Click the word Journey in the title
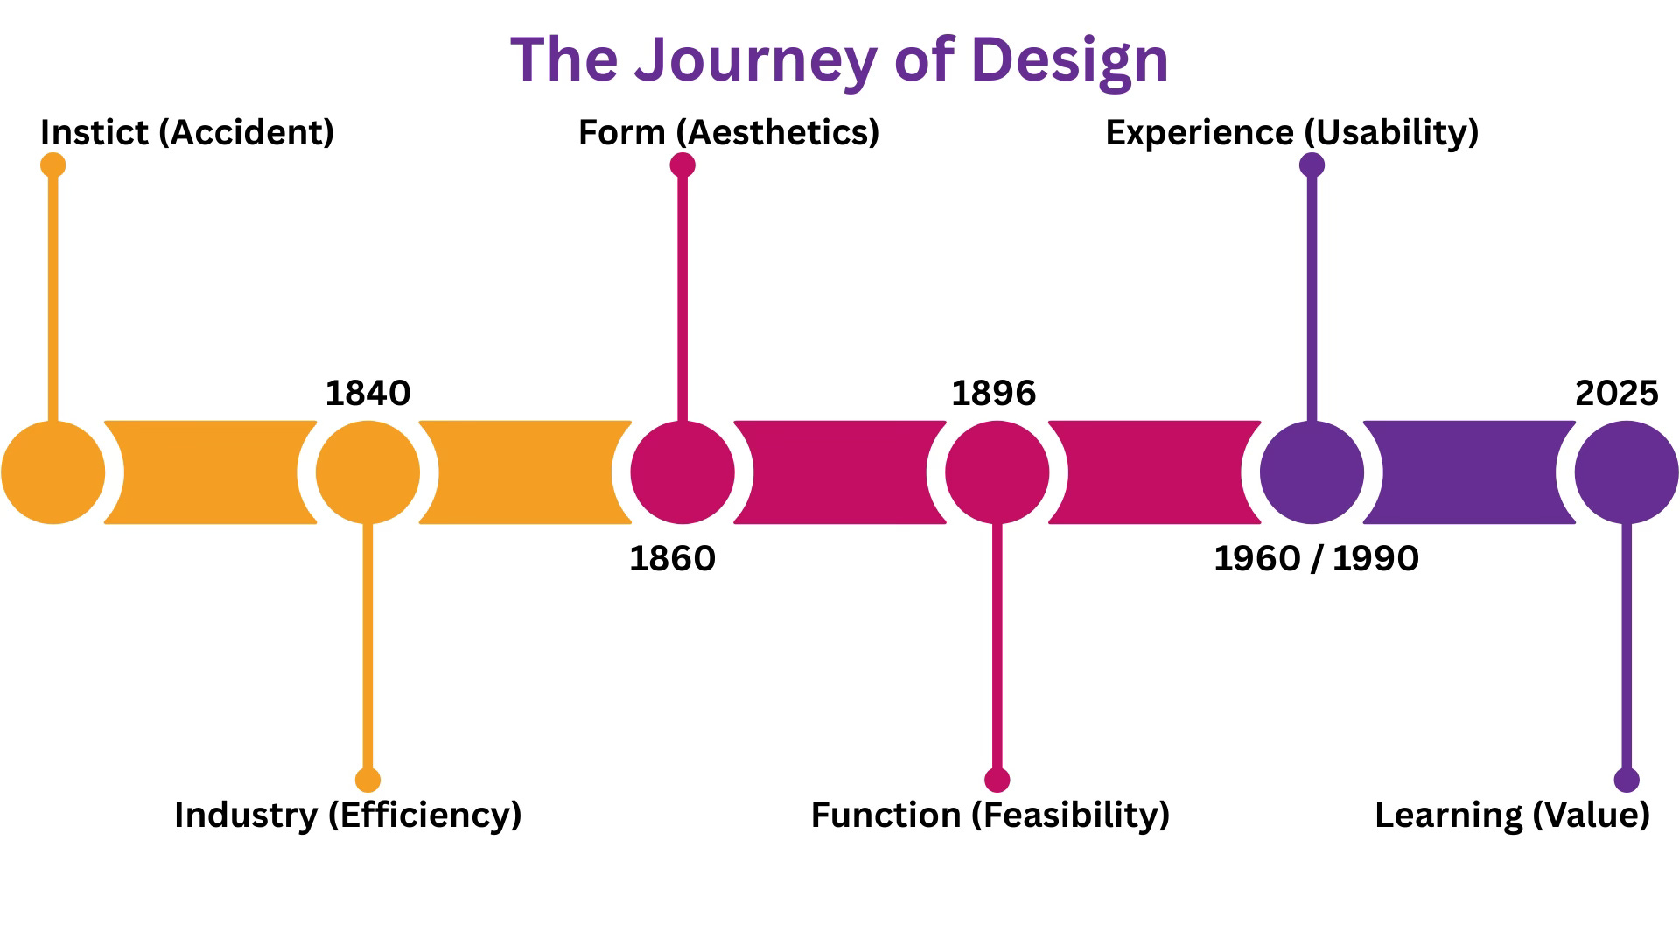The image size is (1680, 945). coord(754,59)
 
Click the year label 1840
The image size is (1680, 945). coord(367,394)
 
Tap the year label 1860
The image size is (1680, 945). coord(672,558)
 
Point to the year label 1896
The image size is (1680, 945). coord(993,394)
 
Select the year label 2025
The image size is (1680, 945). coord(1616,394)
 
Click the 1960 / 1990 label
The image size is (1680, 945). coord(1316,558)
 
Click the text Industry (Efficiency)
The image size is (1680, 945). coord(348,815)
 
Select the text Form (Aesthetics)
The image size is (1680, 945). coord(729,132)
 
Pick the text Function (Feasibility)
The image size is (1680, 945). coord(990,815)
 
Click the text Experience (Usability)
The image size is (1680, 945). coord(1292,132)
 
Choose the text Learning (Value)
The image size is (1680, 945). coord(1512,815)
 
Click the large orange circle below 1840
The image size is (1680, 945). coord(367,472)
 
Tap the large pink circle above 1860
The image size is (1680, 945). coord(682,472)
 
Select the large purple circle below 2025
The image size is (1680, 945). coord(1627,472)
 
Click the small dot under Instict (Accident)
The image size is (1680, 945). coord(53,164)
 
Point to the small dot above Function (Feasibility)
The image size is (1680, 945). coord(997,780)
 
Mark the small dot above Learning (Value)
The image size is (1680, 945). coord(1627,780)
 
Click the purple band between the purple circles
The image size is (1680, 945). coord(1469,472)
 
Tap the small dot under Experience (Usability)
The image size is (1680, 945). coord(1312,164)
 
